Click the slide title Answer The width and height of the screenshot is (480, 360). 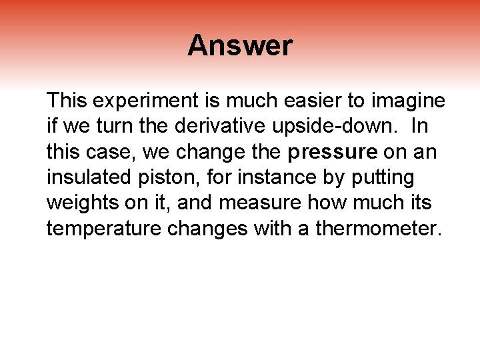(239, 45)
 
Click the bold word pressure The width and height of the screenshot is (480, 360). (333, 153)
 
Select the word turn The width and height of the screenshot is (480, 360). (105, 127)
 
